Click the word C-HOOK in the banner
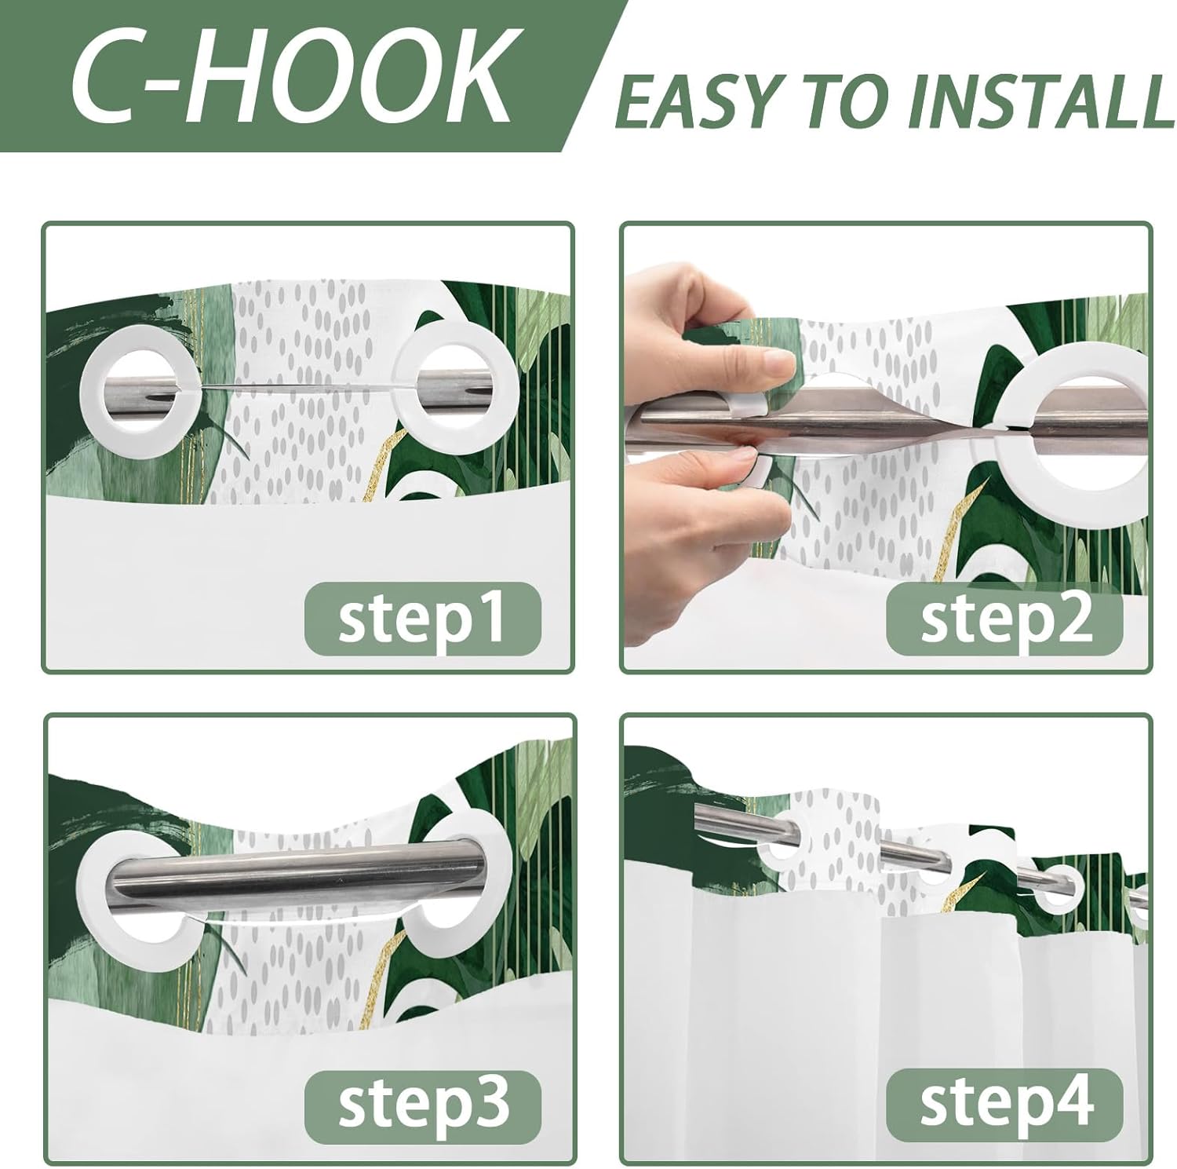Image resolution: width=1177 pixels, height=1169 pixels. point(290,77)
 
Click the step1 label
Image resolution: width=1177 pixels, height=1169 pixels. point(422,618)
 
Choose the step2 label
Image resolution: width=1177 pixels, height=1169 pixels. point(1004,618)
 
